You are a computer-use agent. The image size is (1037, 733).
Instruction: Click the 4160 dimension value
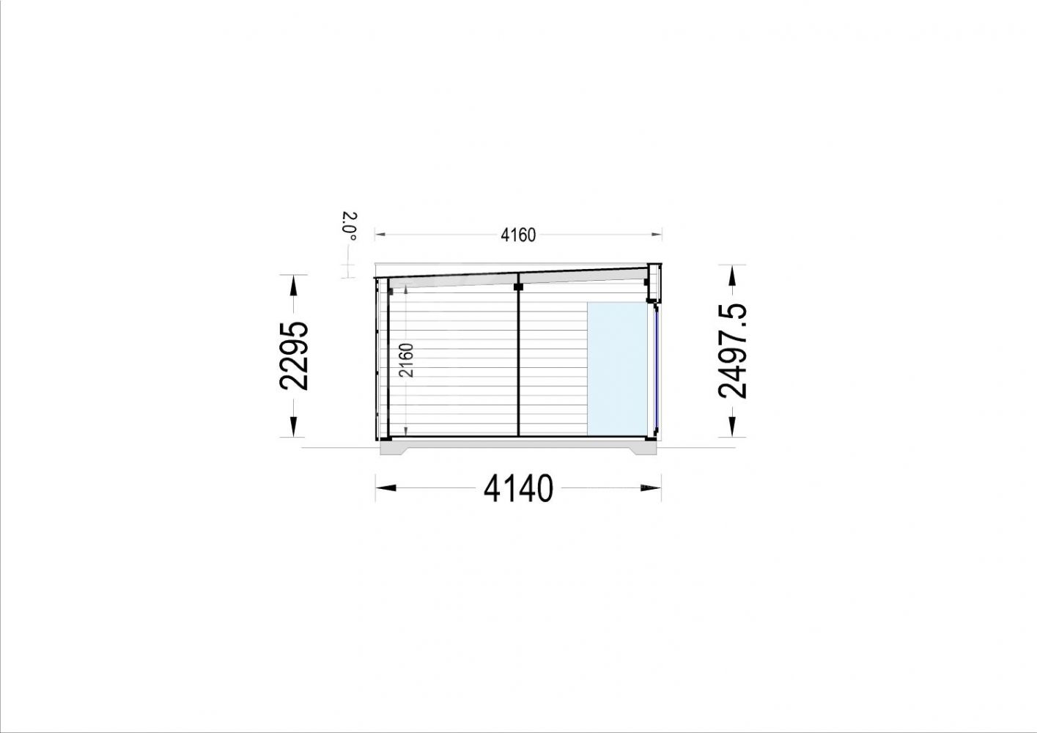[518, 235]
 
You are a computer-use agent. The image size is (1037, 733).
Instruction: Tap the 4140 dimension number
[518, 488]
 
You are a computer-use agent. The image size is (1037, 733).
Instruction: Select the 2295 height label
[293, 356]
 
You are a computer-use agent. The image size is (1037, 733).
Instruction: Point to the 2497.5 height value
[732, 351]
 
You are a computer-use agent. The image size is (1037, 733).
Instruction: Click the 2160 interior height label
[406, 360]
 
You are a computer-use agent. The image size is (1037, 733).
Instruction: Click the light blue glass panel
[618, 369]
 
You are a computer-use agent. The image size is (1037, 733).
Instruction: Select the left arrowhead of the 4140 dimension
[386, 487]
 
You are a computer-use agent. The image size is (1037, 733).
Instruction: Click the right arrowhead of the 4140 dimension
[651, 487]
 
